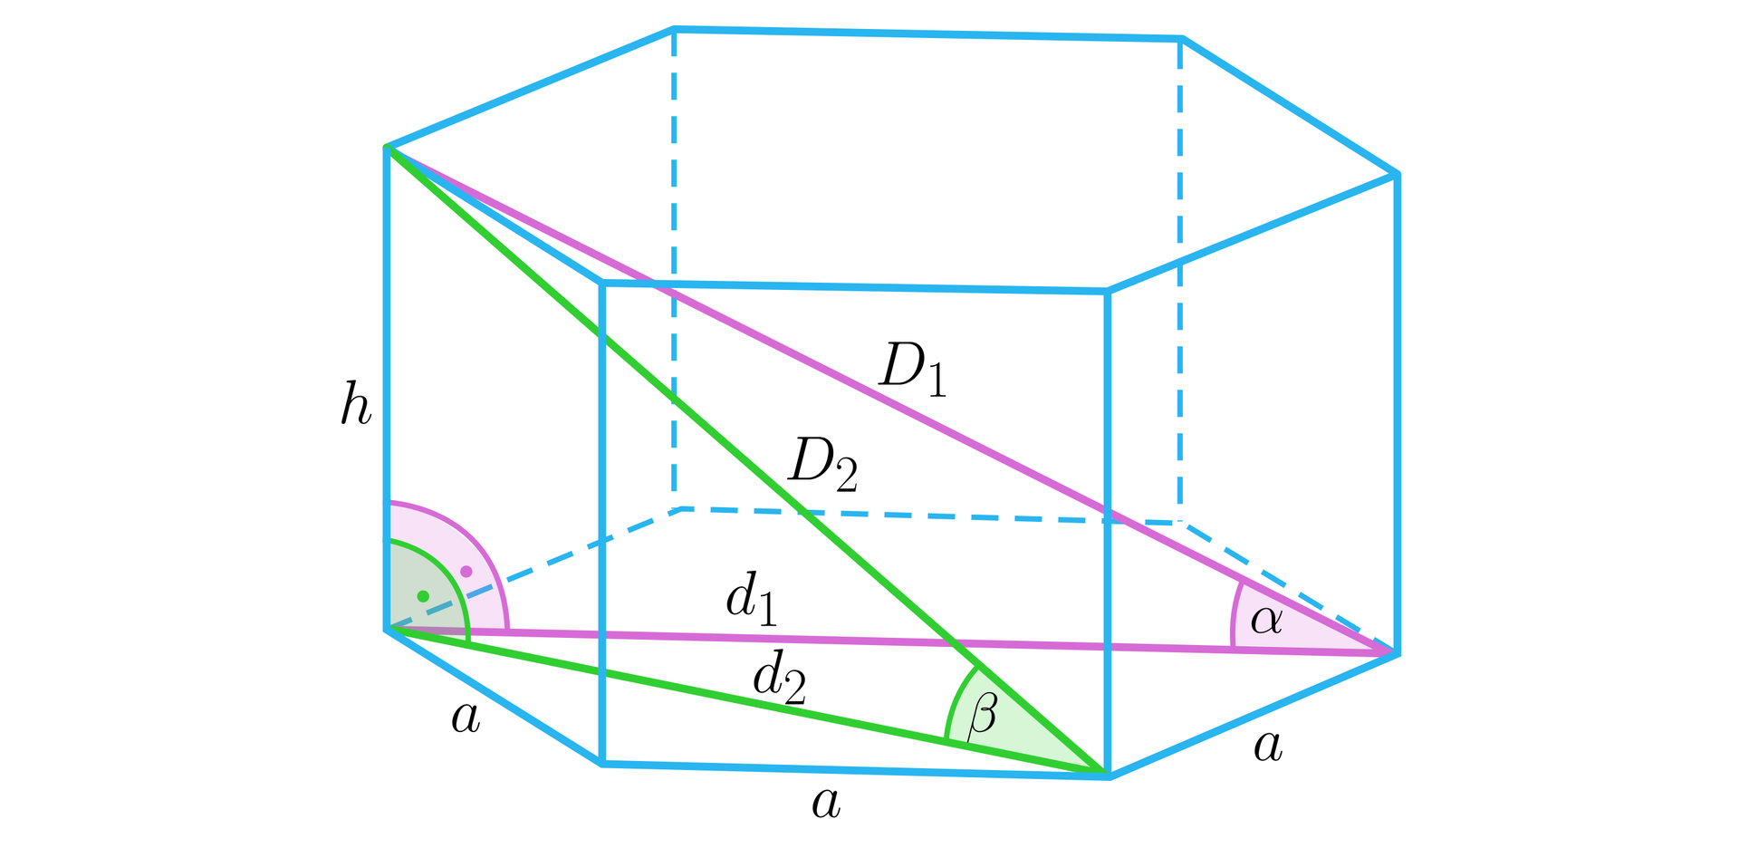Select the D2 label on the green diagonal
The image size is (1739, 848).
823,465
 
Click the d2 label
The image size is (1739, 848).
780,680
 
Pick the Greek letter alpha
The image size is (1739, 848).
1266,621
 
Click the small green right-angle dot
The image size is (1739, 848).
423,596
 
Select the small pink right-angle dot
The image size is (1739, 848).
466,572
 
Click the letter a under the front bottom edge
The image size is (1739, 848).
826,804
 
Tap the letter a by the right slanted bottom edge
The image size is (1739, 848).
1268,747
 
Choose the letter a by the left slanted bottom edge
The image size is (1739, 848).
466,718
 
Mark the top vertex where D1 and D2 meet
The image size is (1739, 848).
387,147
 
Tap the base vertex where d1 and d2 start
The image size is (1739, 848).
387,629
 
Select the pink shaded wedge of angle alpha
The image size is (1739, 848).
1286,625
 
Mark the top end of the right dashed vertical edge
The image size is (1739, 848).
1180,39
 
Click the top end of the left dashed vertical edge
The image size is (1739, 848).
674,30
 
